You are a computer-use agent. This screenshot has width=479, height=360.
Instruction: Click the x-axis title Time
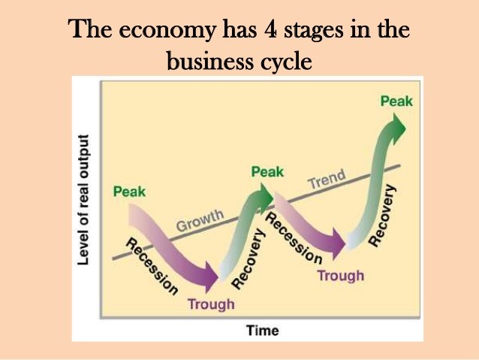263,331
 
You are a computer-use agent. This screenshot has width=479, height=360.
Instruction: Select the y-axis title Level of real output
83,199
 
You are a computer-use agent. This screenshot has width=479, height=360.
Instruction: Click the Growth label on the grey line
200,220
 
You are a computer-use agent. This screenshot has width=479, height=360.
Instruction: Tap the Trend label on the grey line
327,179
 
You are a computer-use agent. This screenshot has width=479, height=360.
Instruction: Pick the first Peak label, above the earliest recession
129,192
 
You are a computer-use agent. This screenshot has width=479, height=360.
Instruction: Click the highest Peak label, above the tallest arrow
396,101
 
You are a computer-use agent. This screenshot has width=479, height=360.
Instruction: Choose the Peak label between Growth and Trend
267,172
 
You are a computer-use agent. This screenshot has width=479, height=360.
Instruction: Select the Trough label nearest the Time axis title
211,304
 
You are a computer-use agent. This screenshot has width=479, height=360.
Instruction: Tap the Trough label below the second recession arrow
341,276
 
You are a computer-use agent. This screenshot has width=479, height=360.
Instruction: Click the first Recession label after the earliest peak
152,266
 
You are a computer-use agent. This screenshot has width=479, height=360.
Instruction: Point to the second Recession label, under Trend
294,238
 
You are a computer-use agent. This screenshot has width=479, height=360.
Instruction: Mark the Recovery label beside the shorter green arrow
248,259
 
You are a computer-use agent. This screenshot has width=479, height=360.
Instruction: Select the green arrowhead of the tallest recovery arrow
397,129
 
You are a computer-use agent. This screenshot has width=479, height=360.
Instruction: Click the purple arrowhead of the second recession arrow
339,244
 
